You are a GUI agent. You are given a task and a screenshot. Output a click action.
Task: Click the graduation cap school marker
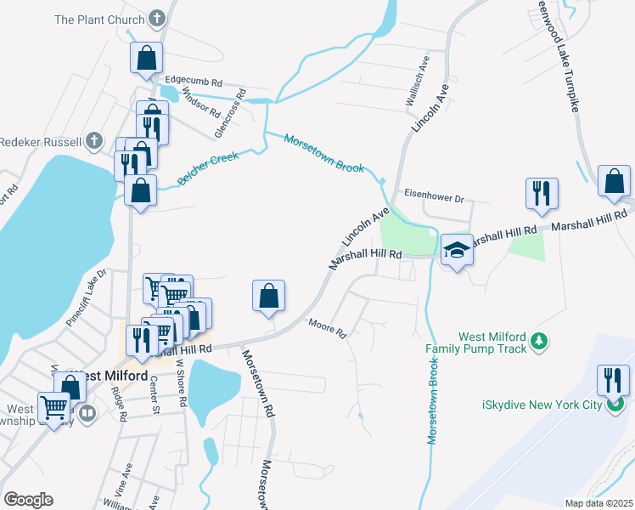[x=457, y=251]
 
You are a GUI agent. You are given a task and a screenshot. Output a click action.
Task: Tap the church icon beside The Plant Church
[x=157, y=18]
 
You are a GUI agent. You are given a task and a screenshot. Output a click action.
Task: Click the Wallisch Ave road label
[x=422, y=74]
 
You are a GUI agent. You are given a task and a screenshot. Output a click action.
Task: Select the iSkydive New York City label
[x=531, y=405]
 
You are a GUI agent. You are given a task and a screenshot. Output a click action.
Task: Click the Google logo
[x=27, y=499]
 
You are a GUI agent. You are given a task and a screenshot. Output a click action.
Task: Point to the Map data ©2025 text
[x=598, y=503]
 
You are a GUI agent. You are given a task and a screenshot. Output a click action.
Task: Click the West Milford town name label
[x=109, y=376]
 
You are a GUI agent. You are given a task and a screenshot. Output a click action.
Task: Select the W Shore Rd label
[x=181, y=381]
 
